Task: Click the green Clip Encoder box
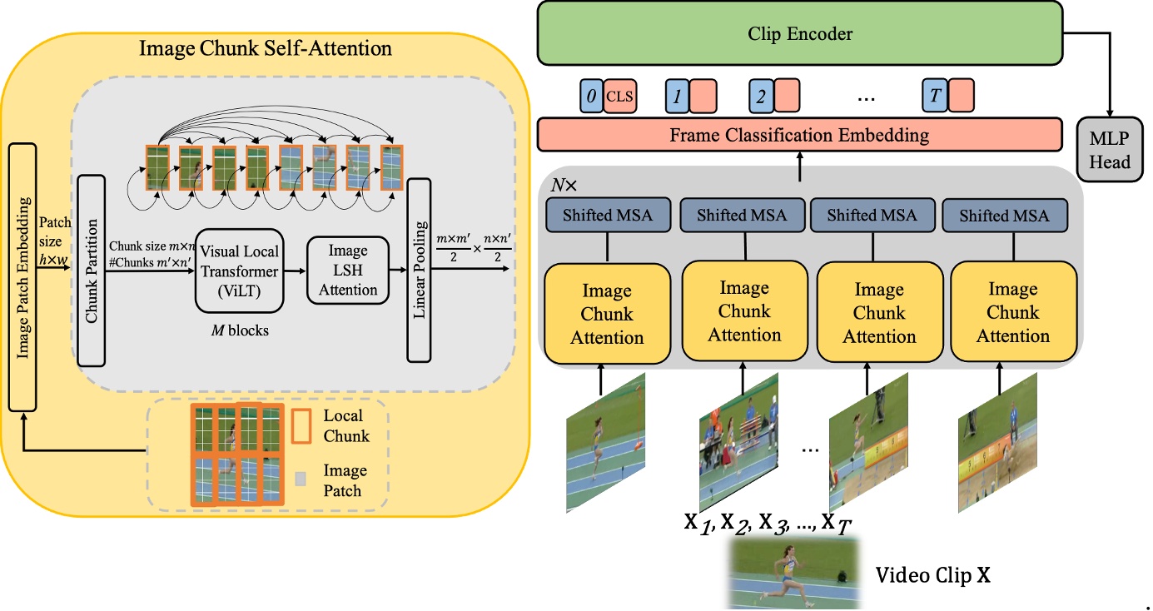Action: pos(800,33)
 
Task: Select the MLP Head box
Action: pos(1110,150)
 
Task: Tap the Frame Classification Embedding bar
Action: pos(799,135)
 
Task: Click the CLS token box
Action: pos(619,97)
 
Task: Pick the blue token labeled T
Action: pos(934,96)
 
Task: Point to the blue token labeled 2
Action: pos(761,97)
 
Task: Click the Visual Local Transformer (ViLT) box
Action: pos(240,271)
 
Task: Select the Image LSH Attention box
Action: pos(348,271)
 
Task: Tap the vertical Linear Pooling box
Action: pos(419,271)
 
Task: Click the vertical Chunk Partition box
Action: pos(91,271)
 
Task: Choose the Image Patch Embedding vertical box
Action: pos(22,277)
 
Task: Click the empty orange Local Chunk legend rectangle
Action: pos(301,426)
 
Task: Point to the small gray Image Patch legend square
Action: pos(300,479)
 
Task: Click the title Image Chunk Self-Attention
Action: pos(265,48)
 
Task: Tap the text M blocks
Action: pos(240,330)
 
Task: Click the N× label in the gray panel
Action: pos(564,185)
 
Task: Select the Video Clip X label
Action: pos(932,575)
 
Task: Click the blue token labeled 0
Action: pos(591,97)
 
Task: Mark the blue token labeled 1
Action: pos(678,97)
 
